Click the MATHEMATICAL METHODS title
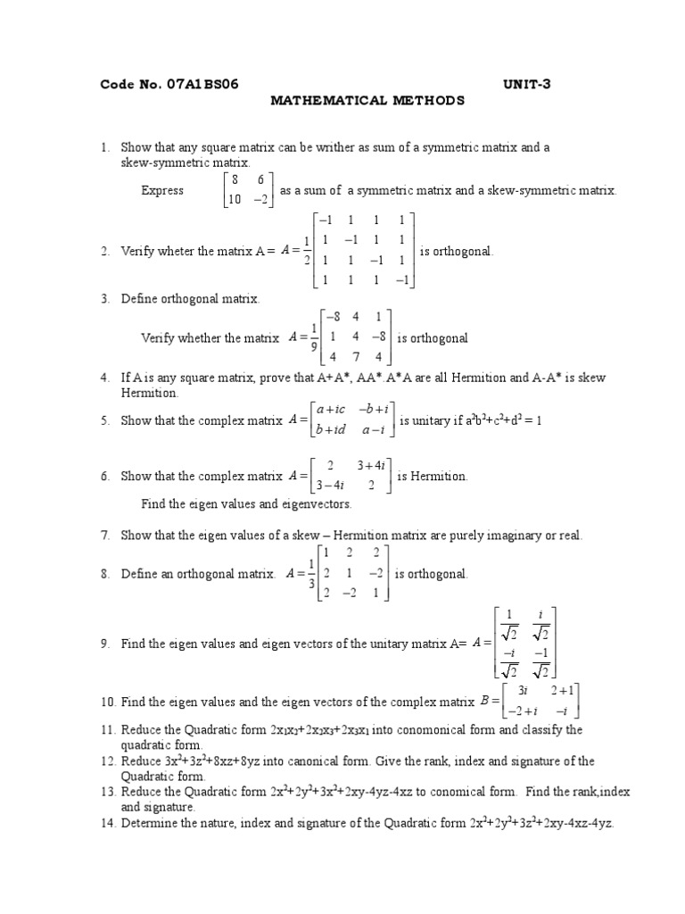pos(367,101)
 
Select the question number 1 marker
pos(104,147)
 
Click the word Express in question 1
pos(162,190)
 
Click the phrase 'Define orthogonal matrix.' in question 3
pos(190,299)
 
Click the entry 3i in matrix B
pos(524,691)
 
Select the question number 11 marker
pos(106,730)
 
